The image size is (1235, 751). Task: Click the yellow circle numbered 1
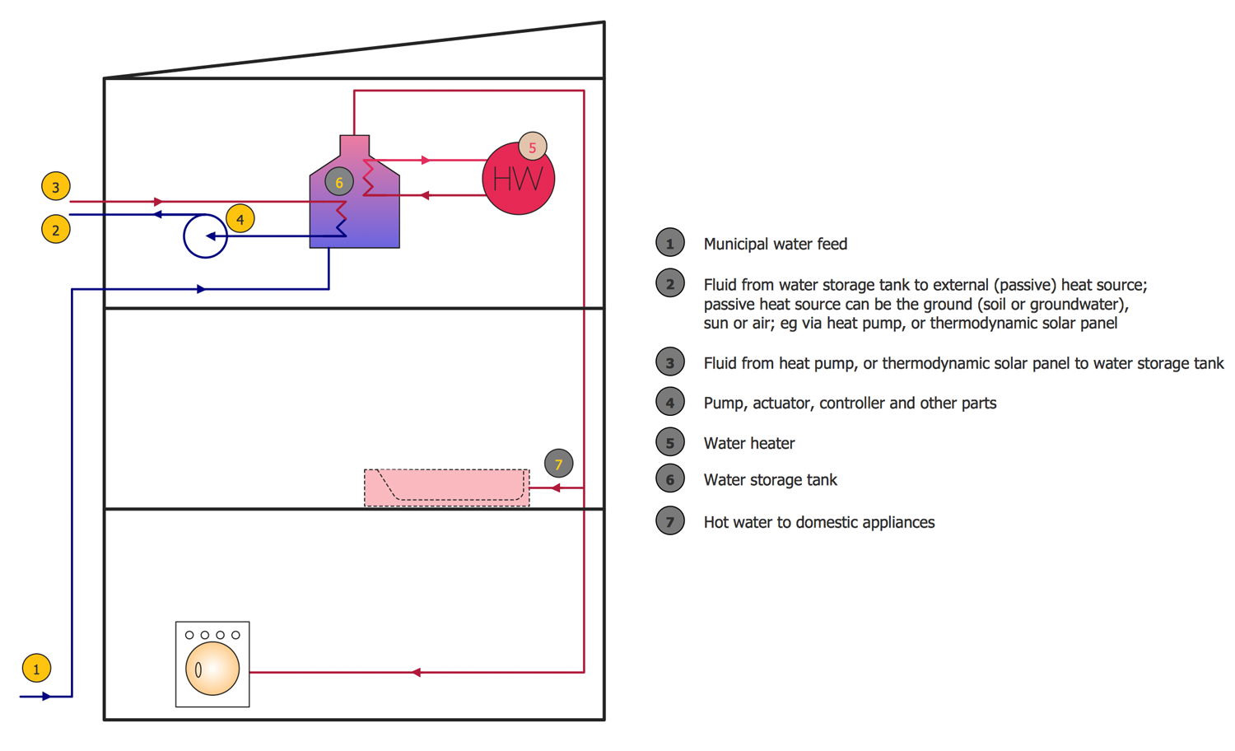click(x=36, y=669)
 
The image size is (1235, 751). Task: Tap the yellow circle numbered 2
click(x=56, y=230)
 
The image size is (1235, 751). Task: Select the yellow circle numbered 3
click(x=56, y=186)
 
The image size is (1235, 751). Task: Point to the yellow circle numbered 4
click(x=240, y=219)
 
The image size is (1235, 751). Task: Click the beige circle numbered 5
click(x=533, y=147)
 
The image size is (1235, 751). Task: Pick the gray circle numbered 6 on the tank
click(x=339, y=182)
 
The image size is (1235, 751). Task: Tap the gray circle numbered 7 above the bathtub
click(x=558, y=464)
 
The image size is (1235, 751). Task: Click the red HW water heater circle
click(x=518, y=178)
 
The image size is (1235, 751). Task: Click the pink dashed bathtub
click(x=446, y=488)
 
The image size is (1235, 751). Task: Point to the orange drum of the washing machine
click(x=212, y=669)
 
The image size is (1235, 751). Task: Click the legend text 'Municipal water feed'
click(x=776, y=244)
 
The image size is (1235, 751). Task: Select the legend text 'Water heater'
click(x=748, y=443)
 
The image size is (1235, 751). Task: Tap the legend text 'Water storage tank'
click(x=770, y=480)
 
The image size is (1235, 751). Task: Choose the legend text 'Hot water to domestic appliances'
click(x=818, y=522)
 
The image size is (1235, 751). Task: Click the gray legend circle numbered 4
click(x=670, y=402)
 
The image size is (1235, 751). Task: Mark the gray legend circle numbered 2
click(x=670, y=283)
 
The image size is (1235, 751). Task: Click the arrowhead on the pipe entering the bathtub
click(x=556, y=488)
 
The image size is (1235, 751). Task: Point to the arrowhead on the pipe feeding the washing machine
click(x=417, y=672)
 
